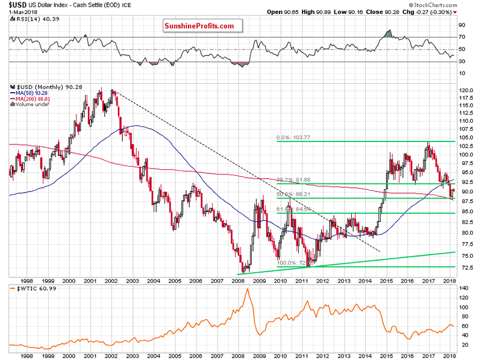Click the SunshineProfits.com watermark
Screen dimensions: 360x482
click(x=202, y=26)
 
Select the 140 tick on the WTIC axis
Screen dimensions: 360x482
click(x=463, y=289)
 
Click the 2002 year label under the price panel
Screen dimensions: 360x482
click(x=111, y=281)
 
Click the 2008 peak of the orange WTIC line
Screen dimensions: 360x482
click(x=247, y=290)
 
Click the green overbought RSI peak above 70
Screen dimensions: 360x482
click(x=389, y=31)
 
